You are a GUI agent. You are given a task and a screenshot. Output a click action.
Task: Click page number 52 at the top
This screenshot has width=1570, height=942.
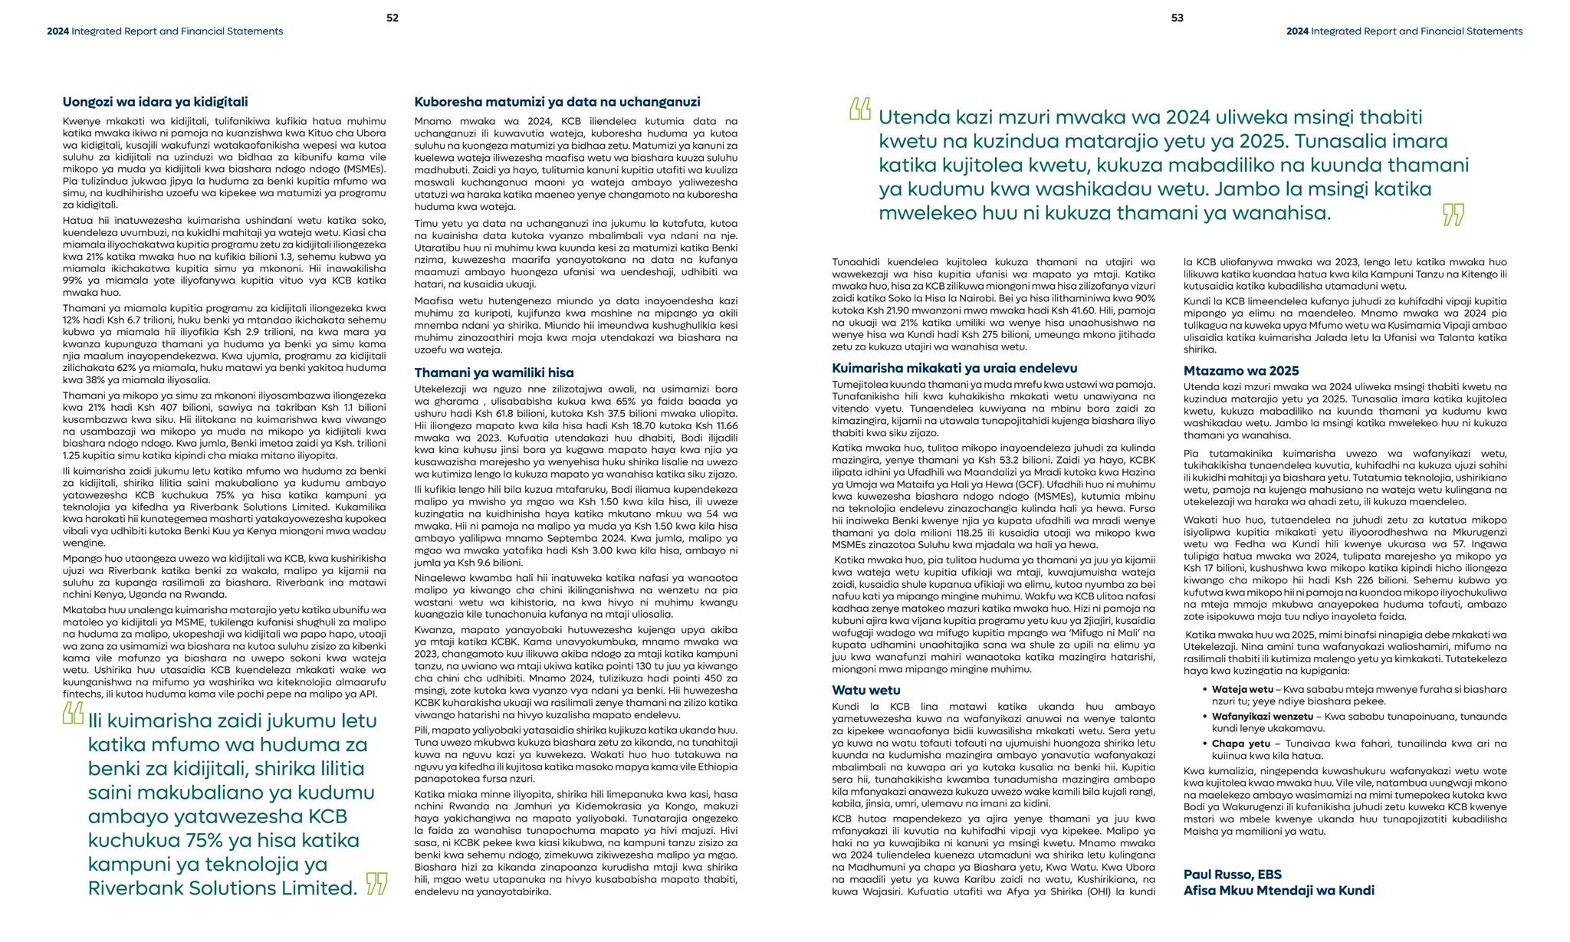pyautogui.click(x=392, y=18)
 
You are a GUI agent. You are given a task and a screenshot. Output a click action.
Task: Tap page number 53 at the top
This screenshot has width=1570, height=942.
pyautogui.click(x=1177, y=18)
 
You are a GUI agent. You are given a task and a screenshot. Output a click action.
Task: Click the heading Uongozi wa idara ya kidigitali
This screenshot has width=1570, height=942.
pyautogui.click(x=155, y=102)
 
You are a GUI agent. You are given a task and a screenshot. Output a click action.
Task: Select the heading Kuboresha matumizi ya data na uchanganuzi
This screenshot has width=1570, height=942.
pyautogui.click(x=557, y=102)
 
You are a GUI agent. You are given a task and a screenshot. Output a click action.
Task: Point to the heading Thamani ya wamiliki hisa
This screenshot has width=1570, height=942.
pyautogui.click(x=494, y=373)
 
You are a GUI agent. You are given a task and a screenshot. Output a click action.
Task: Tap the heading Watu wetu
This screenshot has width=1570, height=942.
pyautogui.click(x=866, y=691)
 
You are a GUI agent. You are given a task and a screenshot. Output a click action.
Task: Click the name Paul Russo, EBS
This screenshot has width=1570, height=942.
pyautogui.click(x=1232, y=875)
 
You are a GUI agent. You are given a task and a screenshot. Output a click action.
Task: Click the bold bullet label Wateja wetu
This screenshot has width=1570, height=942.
pyautogui.click(x=1242, y=690)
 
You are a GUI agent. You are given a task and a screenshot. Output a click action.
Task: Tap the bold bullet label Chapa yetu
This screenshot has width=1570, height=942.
pyautogui.click(x=1240, y=743)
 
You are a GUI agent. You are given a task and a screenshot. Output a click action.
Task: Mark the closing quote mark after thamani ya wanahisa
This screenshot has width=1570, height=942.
pyautogui.click(x=1453, y=215)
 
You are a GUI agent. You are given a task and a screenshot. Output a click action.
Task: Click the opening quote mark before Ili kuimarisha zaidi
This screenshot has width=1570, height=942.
pyautogui.click(x=73, y=714)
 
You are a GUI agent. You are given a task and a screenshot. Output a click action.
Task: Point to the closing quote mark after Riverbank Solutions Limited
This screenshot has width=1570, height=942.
pyautogui.click(x=376, y=884)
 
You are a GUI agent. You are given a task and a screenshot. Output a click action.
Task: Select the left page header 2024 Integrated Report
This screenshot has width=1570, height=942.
pyautogui.click(x=165, y=31)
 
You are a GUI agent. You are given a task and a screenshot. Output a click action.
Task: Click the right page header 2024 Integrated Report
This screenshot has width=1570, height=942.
pyautogui.click(x=1404, y=31)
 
